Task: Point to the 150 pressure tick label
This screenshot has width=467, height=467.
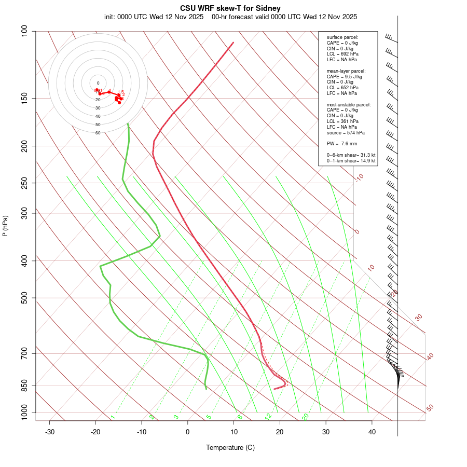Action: [24, 98]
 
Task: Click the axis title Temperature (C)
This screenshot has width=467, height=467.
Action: [230, 447]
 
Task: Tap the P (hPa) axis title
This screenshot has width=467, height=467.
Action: [5, 226]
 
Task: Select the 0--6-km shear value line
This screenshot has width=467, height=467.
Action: [351, 155]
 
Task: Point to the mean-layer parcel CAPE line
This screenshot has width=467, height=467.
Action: [344, 76]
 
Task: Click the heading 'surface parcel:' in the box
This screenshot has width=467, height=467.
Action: [342, 37]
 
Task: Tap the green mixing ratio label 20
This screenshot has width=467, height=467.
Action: [305, 417]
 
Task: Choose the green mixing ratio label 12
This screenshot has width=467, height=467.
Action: [268, 417]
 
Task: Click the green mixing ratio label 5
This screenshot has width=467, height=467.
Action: [209, 417]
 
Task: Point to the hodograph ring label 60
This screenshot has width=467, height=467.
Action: [98, 133]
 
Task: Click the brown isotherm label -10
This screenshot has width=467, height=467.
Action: [359, 177]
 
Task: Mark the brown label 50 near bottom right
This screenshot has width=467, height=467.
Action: [430, 408]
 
